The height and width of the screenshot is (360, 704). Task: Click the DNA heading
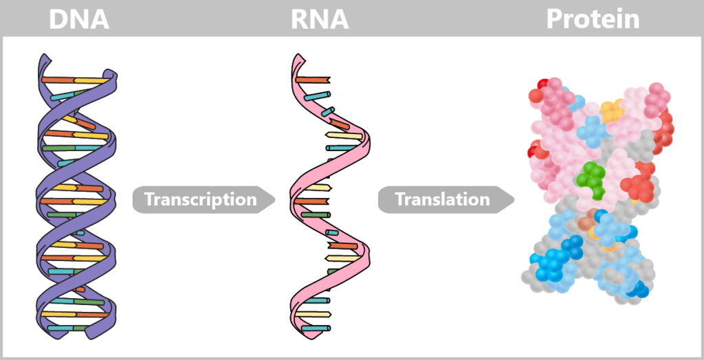tap(79, 19)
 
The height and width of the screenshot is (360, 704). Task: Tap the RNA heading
tap(318, 19)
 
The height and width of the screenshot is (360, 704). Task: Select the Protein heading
tap(593, 19)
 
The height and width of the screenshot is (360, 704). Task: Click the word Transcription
tap(200, 200)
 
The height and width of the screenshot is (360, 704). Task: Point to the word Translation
tap(442, 200)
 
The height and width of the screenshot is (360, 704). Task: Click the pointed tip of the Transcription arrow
tap(274, 200)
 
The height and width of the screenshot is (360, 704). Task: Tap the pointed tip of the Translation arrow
tap(514, 200)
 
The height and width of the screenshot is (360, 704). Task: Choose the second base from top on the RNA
tap(319, 95)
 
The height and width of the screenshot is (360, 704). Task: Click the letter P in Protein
tap(555, 19)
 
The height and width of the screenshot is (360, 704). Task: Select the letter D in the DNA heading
tap(59, 19)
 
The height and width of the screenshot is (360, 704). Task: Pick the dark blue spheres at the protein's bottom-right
tap(638, 289)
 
